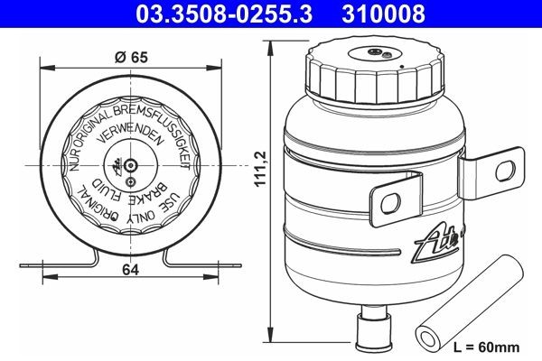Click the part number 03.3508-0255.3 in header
coord(217,14)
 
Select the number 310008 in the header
coord(385,14)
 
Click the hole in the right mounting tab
coord(511,167)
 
